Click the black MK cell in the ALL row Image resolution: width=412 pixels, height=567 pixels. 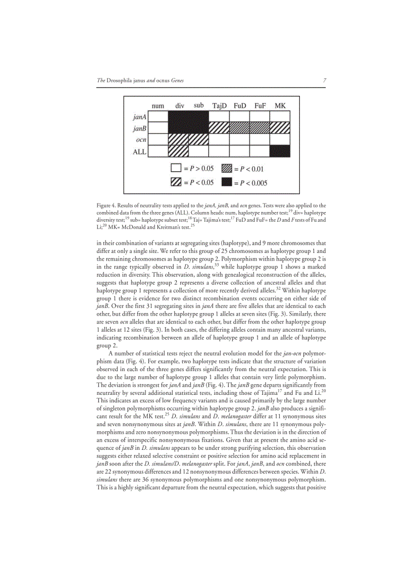(280, 150)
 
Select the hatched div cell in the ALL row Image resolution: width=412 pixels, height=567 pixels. (178, 150)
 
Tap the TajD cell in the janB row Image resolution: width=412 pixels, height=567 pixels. (219, 128)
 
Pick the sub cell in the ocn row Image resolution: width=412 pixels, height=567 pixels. (198, 139)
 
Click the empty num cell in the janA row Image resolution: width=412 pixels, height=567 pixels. (158, 117)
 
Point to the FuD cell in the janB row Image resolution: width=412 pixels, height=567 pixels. (239, 128)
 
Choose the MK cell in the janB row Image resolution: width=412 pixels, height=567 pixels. (280, 128)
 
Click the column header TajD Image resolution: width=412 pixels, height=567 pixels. (219, 106)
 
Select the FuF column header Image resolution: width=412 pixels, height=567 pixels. (260, 106)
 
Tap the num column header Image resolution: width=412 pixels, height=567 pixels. (158, 106)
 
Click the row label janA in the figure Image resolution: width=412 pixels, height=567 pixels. (139, 117)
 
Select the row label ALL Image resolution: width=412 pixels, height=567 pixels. (139, 151)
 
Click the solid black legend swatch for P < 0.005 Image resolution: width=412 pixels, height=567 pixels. (227, 182)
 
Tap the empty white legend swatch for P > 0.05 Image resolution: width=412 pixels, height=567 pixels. (176, 169)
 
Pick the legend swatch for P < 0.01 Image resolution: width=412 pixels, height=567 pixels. (227, 169)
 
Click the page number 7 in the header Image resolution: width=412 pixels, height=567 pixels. (324, 80)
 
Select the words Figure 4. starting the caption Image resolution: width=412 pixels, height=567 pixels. (107, 205)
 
